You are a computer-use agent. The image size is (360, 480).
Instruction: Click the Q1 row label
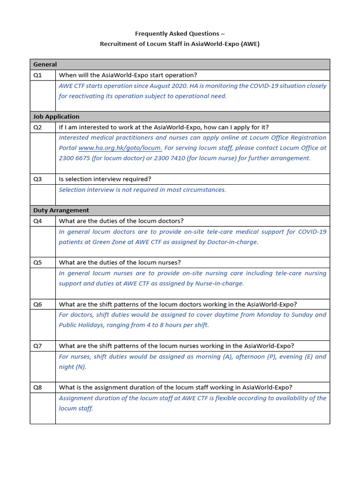(x=37, y=75)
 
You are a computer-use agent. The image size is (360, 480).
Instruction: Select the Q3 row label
(x=37, y=179)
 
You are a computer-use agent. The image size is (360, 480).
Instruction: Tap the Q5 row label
(x=37, y=262)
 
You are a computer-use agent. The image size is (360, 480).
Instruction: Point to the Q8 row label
(x=37, y=387)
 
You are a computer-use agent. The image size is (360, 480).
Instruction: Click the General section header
(x=45, y=65)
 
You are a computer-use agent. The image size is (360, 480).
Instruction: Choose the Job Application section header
(x=56, y=117)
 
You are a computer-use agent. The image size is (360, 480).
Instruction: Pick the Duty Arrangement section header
(x=61, y=210)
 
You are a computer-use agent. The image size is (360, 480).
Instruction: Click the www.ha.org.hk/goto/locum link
(x=120, y=148)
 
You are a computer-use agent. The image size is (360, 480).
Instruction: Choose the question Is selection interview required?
(x=105, y=179)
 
